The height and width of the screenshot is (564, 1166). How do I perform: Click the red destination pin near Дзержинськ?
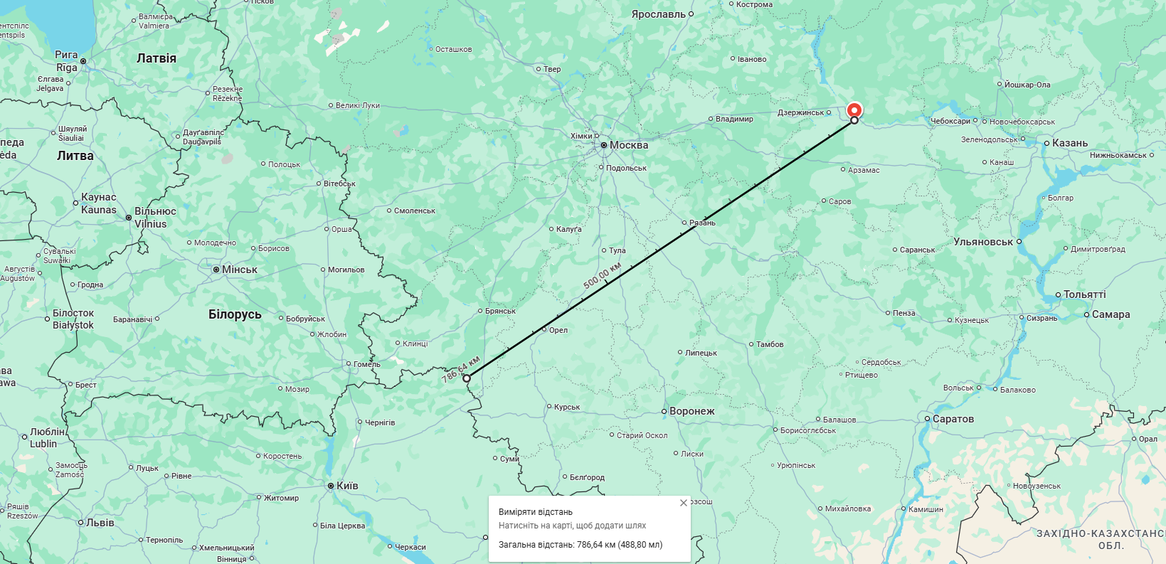(x=854, y=110)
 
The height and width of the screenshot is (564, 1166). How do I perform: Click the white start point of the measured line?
(x=467, y=378)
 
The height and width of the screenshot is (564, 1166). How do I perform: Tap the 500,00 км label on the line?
(x=602, y=275)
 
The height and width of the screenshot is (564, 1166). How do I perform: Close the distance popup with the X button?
(x=684, y=503)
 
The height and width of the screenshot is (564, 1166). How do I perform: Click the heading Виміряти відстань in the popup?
(x=536, y=512)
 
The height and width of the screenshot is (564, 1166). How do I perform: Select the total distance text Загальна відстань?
(x=581, y=545)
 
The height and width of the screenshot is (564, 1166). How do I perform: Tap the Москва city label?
(x=629, y=145)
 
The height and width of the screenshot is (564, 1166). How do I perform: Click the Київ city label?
(x=347, y=486)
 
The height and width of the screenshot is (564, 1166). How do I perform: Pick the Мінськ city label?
(x=240, y=270)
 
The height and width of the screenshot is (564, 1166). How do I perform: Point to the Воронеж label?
(x=691, y=411)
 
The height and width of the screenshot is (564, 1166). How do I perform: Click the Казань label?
(x=1070, y=143)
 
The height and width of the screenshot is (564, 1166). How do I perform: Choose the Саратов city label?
(x=953, y=419)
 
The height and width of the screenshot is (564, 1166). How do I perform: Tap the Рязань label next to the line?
(x=702, y=223)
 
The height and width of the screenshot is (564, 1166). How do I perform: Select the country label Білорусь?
(x=235, y=314)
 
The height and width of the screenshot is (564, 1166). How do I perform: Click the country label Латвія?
(x=157, y=58)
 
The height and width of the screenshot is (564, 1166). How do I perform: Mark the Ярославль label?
(x=659, y=14)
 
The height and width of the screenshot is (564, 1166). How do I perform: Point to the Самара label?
(x=1111, y=314)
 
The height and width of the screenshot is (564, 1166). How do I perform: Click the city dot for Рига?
(x=83, y=61)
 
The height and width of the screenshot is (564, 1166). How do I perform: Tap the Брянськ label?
(x=500, y=311)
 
